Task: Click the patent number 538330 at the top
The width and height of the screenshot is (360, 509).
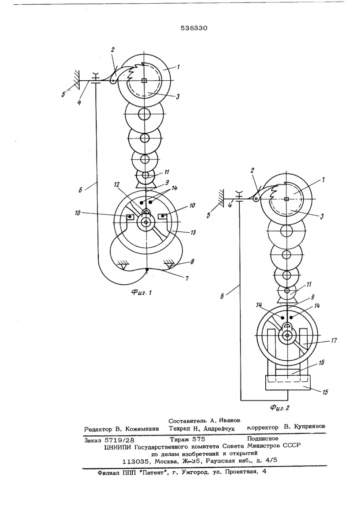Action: click(x=194, y=28)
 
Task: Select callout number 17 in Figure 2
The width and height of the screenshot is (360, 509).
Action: click(x=334, y=340)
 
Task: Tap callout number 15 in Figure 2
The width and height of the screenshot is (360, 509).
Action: click(x=325, y=392)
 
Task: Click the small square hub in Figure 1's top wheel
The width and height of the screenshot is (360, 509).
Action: click(x=144, y=80)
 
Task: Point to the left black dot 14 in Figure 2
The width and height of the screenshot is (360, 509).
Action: click(x=282, y=317)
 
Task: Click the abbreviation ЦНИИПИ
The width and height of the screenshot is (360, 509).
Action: click(x=118, y=447)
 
